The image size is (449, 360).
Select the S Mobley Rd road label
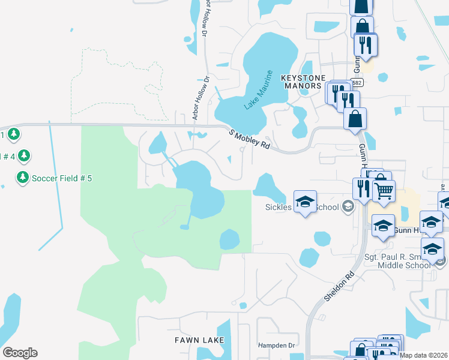tap(250, 139)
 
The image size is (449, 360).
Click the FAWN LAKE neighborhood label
tap(199, 340)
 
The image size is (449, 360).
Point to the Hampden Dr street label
tap(277, 346)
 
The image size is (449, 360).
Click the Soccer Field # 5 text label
tap(62, 178)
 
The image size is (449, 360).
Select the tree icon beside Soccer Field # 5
tap(23, 177)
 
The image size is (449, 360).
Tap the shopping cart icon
tap(384, 191)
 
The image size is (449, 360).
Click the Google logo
tap(20, 353)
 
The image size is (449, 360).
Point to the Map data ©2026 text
tap(424, 355)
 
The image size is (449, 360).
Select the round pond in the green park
tap(229, 240)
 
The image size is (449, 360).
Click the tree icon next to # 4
tap(23, 156)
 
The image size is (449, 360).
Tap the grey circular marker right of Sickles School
tap(348, 208)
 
